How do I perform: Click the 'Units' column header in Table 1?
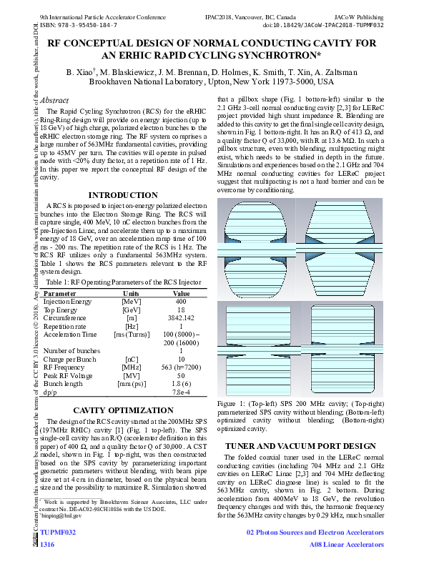[131, 293]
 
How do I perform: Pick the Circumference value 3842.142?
[181, 317]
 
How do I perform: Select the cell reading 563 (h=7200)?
[181, 366]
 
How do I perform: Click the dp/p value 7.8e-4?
[181, 391]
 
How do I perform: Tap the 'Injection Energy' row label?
[67, 301]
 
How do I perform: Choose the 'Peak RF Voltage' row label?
[67, 375]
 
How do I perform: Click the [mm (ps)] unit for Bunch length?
[131, 383]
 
